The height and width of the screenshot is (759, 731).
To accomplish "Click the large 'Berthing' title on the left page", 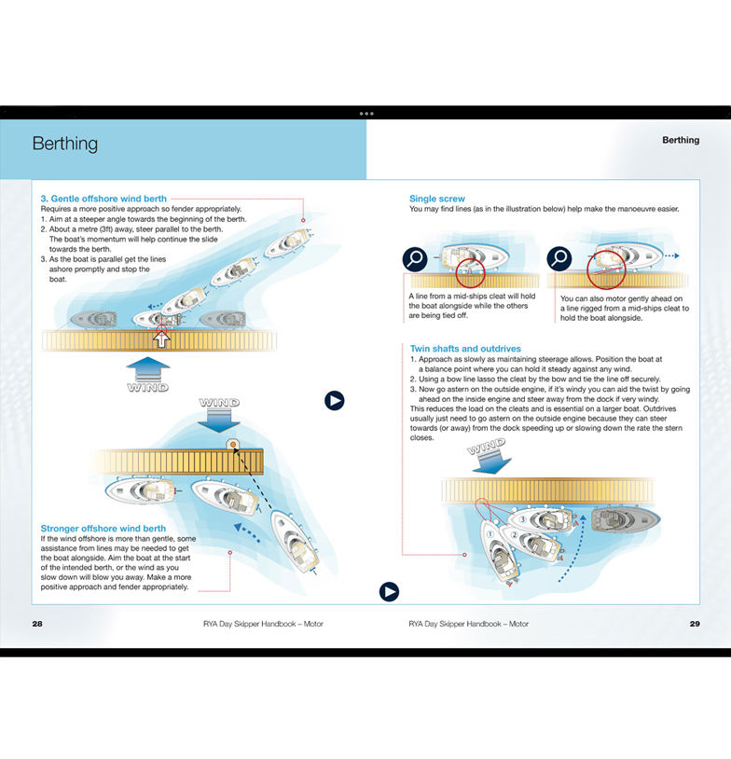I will tap(64, 144).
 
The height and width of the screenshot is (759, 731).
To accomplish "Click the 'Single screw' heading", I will tap(436, 199).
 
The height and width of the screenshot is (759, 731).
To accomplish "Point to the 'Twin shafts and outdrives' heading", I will tap(465, 348).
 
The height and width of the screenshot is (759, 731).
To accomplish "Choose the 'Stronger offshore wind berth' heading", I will tap(103, 529).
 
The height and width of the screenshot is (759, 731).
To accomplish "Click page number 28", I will tap(37, 623).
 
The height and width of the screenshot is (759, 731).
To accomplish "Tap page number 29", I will tap(694, 623).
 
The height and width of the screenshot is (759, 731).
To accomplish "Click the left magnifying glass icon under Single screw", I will tap(415, 258).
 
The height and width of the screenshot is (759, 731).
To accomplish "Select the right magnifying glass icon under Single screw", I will tap(559, 257).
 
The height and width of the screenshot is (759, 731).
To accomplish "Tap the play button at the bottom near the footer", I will tap(389, 591).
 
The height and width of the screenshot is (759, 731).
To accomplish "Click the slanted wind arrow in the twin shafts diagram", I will tap(491, 458).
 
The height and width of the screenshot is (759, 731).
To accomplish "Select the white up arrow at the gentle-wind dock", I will tap(162, 337).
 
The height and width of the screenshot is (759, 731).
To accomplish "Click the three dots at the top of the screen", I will tap(365, 113).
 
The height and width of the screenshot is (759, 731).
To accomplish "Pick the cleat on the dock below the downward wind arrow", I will tap(233, 445).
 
